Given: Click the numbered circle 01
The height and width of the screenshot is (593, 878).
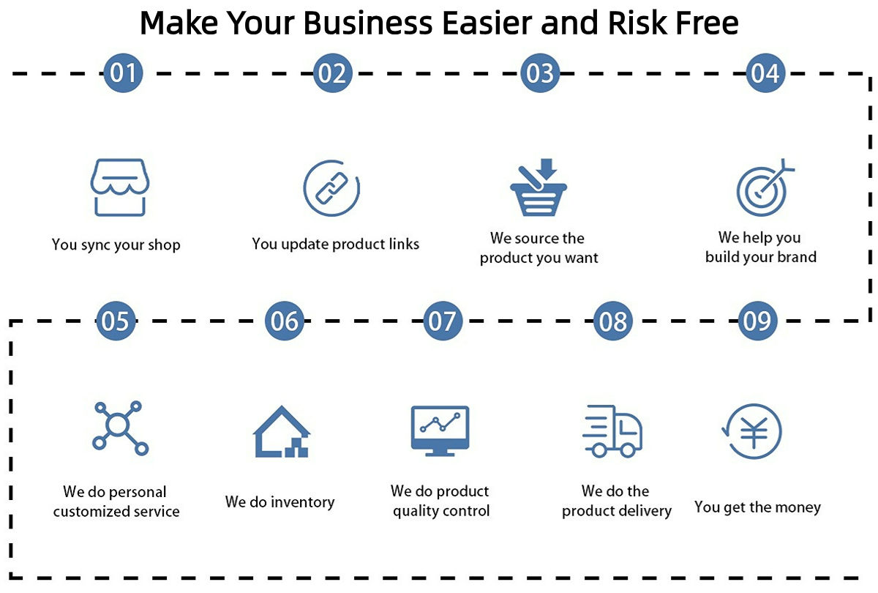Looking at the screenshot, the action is click(123, 73).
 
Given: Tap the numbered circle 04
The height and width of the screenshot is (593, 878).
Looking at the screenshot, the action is click(765, 73).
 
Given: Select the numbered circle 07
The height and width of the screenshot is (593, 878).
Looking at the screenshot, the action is click(441, 321).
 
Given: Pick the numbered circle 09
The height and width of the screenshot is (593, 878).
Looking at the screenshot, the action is click(757, 321).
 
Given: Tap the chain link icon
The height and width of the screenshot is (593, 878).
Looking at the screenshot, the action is click(331, 189).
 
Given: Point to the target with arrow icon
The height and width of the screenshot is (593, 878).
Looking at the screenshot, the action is click(764, 187).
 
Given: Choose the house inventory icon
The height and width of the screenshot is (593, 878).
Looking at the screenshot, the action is click(282, 432).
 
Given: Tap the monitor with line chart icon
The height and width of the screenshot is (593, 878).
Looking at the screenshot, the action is click(440, 430).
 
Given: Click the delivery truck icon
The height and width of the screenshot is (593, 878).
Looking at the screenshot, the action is click(612, 431).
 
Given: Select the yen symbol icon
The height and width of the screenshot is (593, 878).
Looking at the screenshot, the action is click(752, 431).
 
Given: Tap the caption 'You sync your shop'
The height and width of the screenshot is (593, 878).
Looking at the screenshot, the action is click(116, 245).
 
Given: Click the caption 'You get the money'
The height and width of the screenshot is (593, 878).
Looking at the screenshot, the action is click(757, 507).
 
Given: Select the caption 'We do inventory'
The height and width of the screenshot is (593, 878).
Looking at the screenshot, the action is click(279, 502).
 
